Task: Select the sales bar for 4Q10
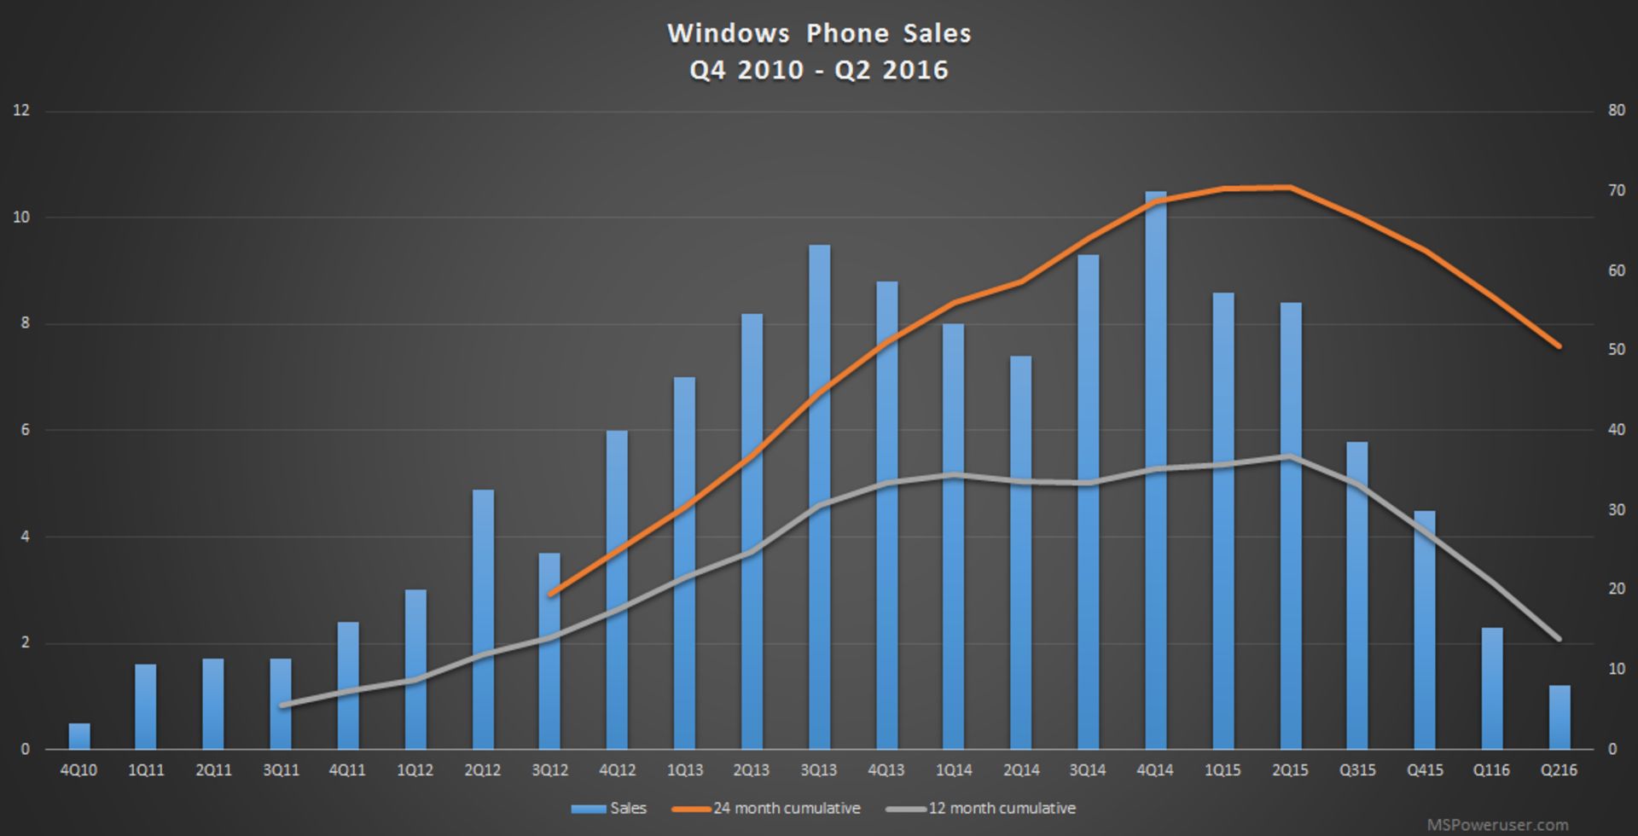(79, 737)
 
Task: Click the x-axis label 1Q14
(953, 770)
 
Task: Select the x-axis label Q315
(1356, 770)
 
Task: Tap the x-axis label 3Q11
(281, 770)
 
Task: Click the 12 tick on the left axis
(21, 110)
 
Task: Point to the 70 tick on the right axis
(1616, 190)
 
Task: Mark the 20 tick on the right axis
(1616, 589)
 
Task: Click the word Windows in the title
(728, 33)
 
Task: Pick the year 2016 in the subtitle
(915, 70)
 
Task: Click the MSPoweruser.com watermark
(1497, 825)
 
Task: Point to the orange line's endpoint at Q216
(1559, 346)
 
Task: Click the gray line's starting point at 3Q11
(283, 705)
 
